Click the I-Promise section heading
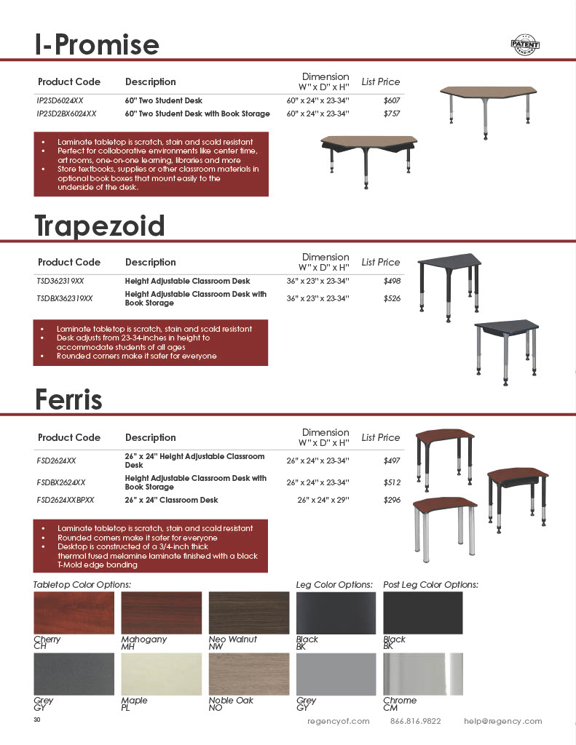pyautogui.click(x=97, y=45)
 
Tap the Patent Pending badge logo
pyautogui.click(x=525, y=44)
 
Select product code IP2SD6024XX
pyautogui.click(x=65, y=100)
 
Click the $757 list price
pyautogui.click(x=392, y=114)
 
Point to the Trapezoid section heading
pyautogui.click(x=100, y=226)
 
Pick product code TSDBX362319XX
pyautogui.click(x=70, y=298)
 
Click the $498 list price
pyautogui.click(x=392, y=281)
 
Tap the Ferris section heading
pyautogui.click(x=68, y=399)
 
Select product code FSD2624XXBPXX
pyautogui.click(x=66, y=501)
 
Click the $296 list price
pyautogui.click(x=392, y=501)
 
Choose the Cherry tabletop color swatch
pyautogui.click(x=74, y=613)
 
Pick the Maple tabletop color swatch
pyautogui.click(x=161, y=674)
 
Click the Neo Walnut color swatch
pyautogui.click(x=248, y=613)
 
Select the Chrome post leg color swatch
pyautogui.click(x=423, y=674)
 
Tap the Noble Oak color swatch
pyautogui.click(x=248, y=674)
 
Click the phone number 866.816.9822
pyautogui.click(x=416, y=721)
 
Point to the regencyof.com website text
pyautogui.click(x=339, y=721)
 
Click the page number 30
pyautogui.click(x=37, y=720)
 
